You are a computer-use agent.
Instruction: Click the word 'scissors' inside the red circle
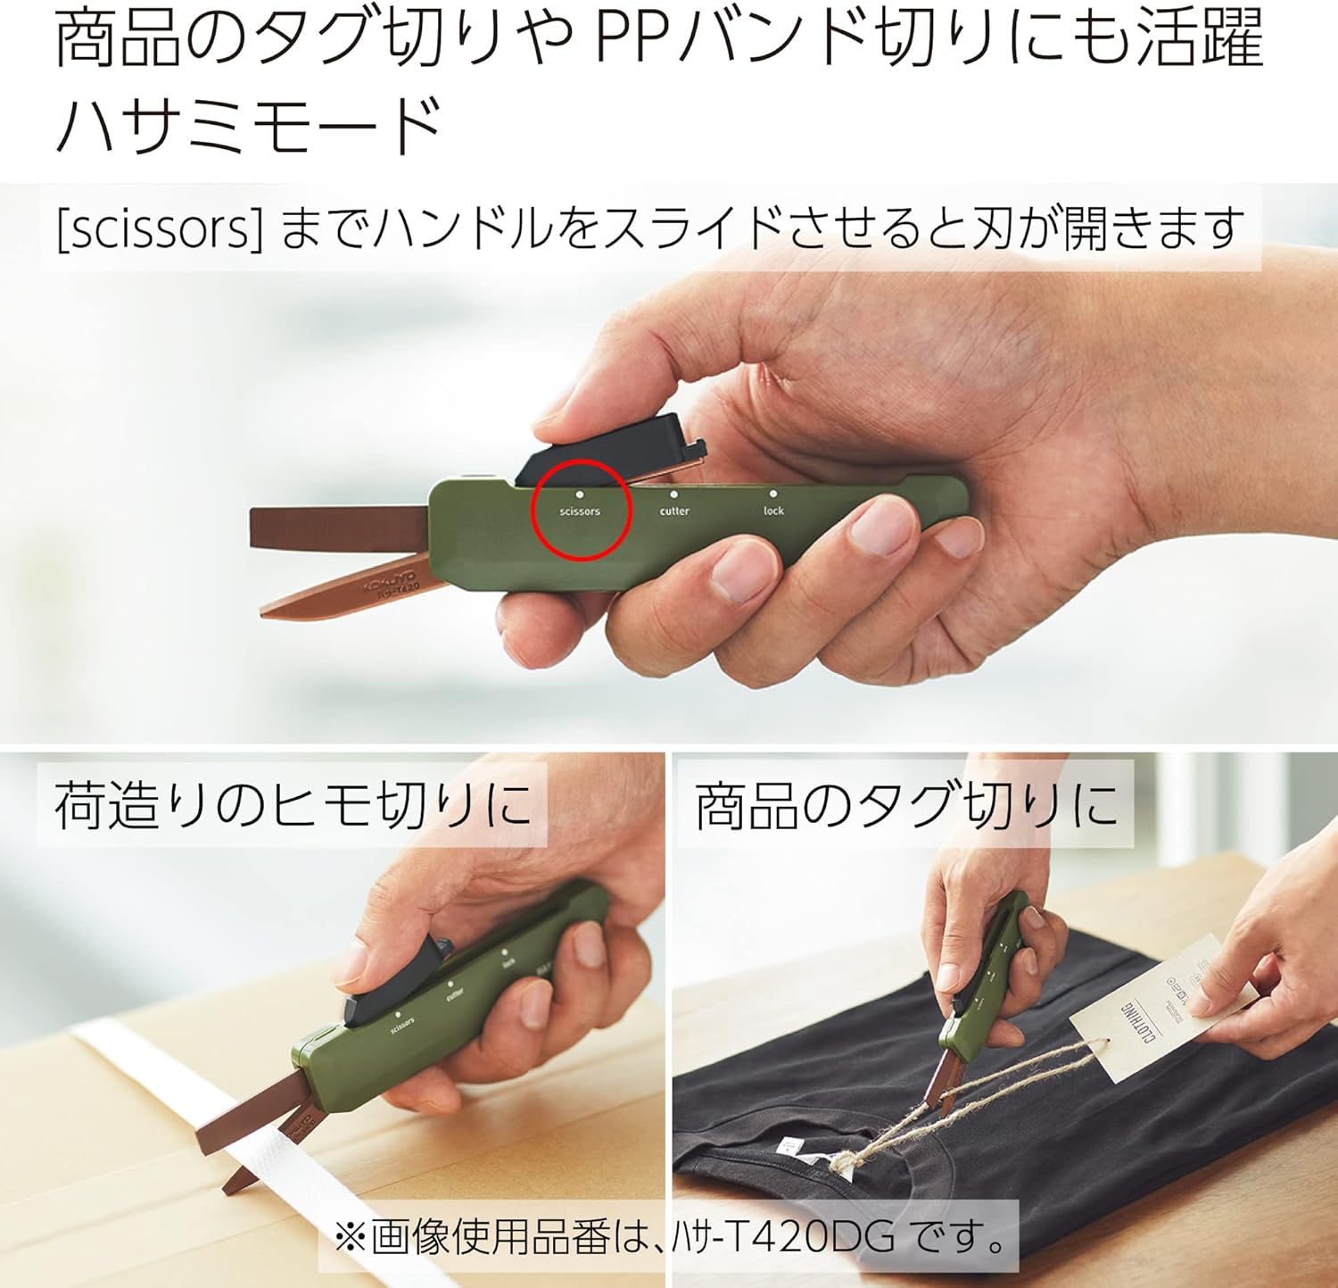[x=580, y=511]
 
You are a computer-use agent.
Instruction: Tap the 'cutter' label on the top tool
[x=674, y=511]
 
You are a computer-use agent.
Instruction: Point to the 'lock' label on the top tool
[x=773, y=511]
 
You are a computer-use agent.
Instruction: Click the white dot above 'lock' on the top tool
[x=773, y=493]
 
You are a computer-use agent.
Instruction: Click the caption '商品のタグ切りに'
[x=905, y=805]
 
